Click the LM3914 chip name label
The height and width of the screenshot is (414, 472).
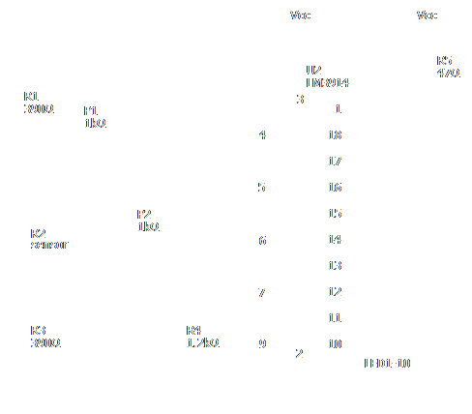point(327,84)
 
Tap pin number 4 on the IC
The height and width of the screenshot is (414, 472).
point(262,134)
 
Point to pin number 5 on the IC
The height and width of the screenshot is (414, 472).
point(262,187)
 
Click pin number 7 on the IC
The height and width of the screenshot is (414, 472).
point(262,291)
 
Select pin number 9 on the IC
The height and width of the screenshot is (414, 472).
point(262,343)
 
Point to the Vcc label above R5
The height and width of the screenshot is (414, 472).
point(427,15)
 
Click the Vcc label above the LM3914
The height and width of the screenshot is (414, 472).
point(301,15)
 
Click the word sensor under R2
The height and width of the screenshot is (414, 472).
point(47,246)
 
